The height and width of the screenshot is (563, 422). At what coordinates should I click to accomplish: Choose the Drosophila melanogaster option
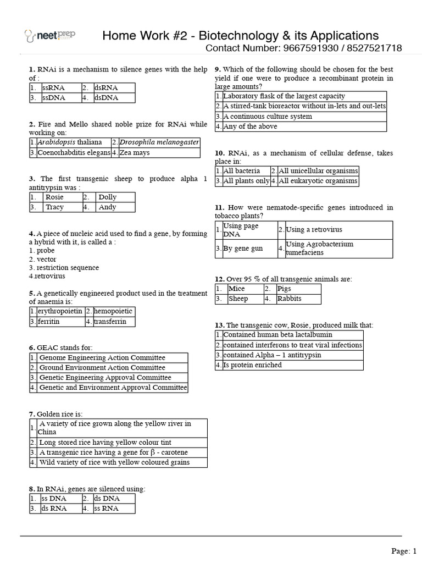tap(159, 142)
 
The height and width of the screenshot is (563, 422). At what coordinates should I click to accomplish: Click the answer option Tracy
tap(54, 207)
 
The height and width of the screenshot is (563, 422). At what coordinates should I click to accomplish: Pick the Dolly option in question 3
tap(107, 197)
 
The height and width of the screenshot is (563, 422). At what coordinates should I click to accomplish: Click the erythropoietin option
tap(60, 311)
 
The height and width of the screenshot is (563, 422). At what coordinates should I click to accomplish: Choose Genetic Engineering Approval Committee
tap(105, 378)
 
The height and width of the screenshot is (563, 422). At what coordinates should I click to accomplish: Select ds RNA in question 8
tap(54, 509)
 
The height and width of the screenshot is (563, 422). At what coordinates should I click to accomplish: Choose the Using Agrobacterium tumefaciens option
tap(319, 249)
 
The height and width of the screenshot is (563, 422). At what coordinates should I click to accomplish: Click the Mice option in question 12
tap(237, 289)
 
